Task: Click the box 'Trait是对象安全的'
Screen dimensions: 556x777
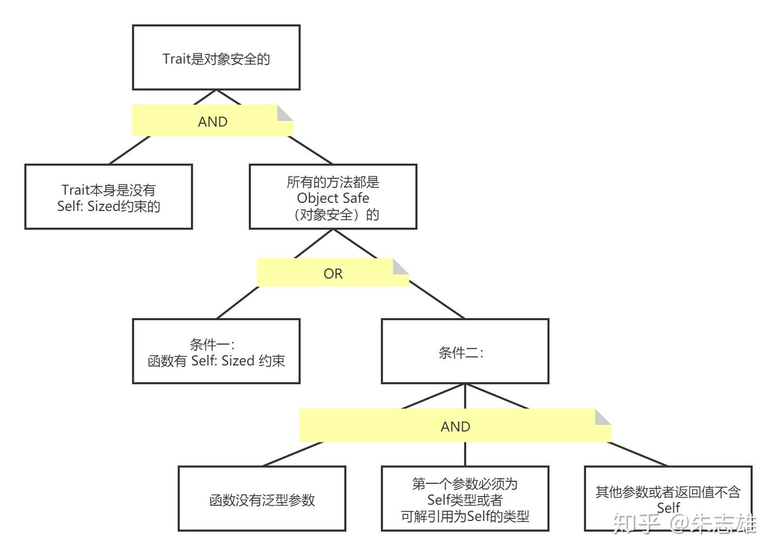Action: pyautogui.click(x=216, y=58)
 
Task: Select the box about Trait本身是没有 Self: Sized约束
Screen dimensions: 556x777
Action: pyautogui.click(x=108, y=197)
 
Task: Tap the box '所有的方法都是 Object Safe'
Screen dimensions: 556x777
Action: pyautogui.click(x=333, y=197)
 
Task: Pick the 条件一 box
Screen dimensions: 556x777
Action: pyautogui.click(x=216, y=351)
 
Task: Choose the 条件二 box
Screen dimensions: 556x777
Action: pyautogui.click(x=465, y=351)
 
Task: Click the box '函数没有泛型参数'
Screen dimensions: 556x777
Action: pyautogui.click(x=262, y=499)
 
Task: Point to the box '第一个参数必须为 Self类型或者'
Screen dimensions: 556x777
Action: pyautogui.click(x=465, y=499)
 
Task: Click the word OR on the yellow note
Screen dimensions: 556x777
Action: pyautogui.click(x=333, y=274)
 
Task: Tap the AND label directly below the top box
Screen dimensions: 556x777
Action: pyautogui.click(x=213, y=121)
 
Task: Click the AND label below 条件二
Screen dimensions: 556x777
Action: pyautogui.click(x=455, y=426)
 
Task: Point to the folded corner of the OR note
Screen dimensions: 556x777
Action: pyautogui.click(x=400, y=266)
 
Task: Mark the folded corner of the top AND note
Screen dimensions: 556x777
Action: pyautogui.click(x=284, y=113)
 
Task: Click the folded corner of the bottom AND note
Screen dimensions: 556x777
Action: pyautogui.click(x=602, y=417)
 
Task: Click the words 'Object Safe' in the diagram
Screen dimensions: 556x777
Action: pyautogui.click(x=333, y=198)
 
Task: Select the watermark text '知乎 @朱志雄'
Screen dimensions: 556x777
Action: pyautogui.click(x=684, y=524)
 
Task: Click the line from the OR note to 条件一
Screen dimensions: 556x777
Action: pyautogui.click(x=237, y=302)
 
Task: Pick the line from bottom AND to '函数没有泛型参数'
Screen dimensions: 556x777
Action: pyautogui.click(x=291, y=454)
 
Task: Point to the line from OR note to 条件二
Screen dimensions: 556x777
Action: pyautogui.click(x=437, y=300)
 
